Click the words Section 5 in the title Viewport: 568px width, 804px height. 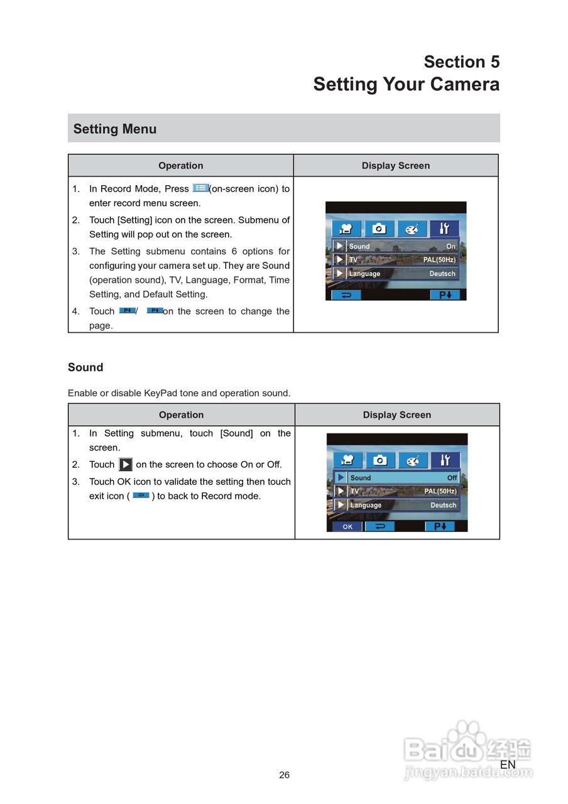point(461,62)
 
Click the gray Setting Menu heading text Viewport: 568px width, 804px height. point(115,129)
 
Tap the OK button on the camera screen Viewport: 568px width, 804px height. point(347,526)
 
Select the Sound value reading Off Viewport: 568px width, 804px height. point(452,478)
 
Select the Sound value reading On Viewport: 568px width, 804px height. point(451,246)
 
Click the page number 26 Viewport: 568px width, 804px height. point(285,775)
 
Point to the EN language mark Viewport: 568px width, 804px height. point(508,764)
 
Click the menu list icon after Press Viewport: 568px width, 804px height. point(200,188)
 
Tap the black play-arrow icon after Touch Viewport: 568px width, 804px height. point(126,465)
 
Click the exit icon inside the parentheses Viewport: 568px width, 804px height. point(141,496)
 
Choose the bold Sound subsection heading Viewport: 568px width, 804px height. point(85,367)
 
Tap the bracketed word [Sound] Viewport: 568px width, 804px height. point(236,433)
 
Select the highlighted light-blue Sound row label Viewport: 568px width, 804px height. point(361,478)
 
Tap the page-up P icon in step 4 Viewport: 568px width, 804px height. point(155,310)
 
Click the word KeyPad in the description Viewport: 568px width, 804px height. point(160,393)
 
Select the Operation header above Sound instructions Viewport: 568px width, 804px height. point(181,415)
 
